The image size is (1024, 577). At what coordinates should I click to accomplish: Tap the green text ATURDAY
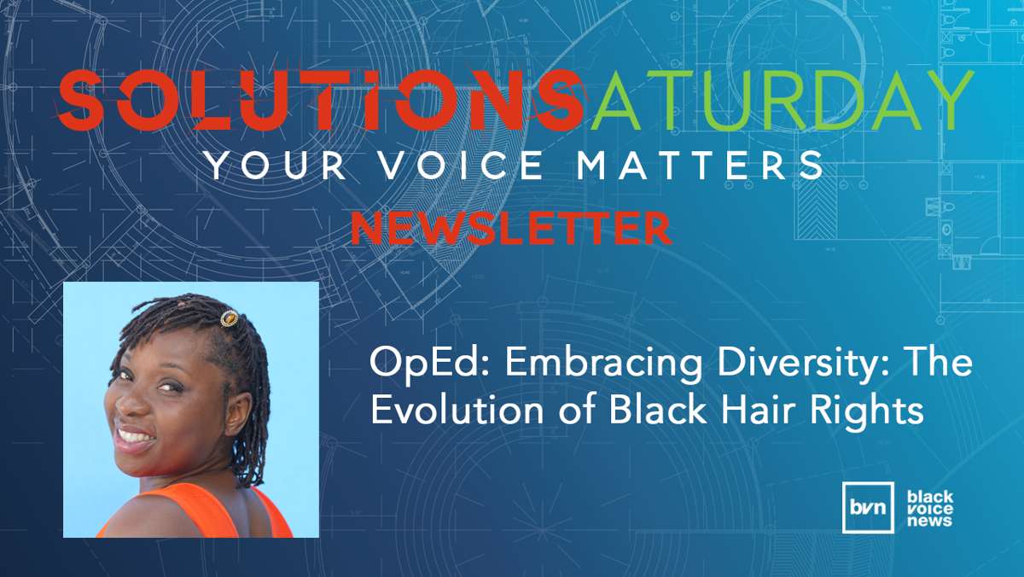782,100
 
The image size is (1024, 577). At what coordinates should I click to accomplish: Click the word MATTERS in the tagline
700,165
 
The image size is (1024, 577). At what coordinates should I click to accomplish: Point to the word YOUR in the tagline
276,165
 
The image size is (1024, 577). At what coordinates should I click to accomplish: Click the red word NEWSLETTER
511,228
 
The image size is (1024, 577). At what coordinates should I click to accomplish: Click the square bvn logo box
868,508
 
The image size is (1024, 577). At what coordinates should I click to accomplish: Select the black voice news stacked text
930,509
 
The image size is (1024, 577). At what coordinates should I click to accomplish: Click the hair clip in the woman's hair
229,318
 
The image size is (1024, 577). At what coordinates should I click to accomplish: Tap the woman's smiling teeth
135,436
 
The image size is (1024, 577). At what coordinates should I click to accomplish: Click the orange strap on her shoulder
271,513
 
